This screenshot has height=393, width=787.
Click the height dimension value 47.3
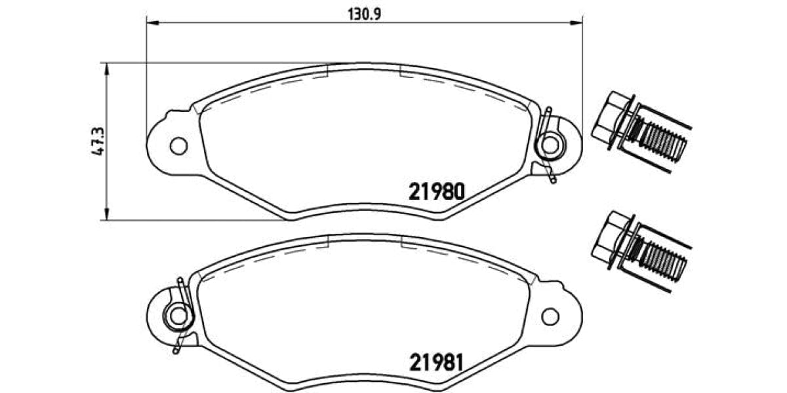pyautogui.click(x=98, y=141)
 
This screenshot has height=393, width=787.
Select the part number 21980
pyautogui.click(x=437, y=191)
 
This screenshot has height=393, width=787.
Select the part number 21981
pyautogui.click(x=437, y=362)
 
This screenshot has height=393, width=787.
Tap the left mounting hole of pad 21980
pyautogui.click(x=178, y=145)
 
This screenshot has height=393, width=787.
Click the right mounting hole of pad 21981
pyautogui.click(x=550, y=316)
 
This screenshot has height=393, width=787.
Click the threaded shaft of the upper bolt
pyautogui.click(x=662, y=143)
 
